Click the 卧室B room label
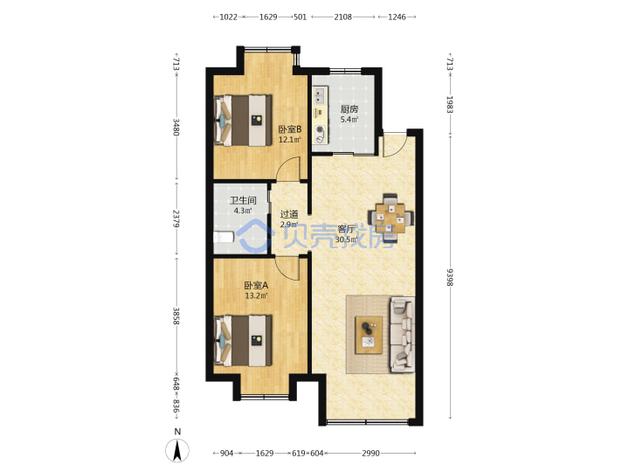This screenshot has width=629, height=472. point(290,129)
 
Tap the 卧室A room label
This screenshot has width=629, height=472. point(256,285)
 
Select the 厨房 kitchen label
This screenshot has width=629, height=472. point(349,109)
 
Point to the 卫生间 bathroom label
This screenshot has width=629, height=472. point(243,200)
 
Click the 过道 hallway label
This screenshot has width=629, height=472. point(289,214)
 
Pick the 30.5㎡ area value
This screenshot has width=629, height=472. point(346,240)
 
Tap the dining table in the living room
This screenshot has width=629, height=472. point(391,219)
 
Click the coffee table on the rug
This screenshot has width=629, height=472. point(369,335)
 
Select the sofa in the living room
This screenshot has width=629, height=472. point(402,335)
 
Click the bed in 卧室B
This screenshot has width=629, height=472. point(243,120)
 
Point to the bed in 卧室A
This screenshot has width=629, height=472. point(243,341)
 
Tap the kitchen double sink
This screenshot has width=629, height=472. point(319,96)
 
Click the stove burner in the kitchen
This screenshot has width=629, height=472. point(320,129)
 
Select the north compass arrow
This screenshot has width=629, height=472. point(177,450)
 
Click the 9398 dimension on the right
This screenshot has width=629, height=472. point(450,277)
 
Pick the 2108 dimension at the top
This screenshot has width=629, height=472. point(343,17)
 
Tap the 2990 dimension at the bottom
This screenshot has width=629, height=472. point(370,453)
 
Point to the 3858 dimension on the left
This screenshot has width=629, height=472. point(176,316)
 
